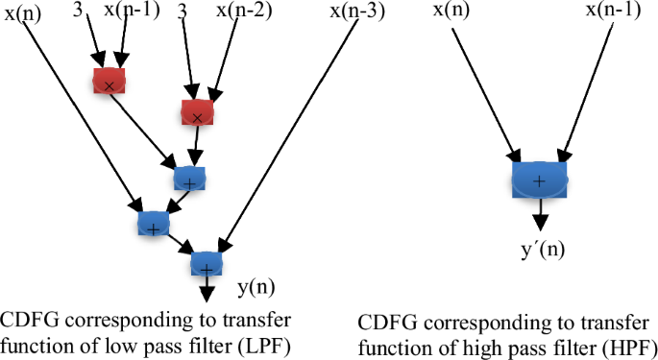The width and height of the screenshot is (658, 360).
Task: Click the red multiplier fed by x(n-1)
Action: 110,82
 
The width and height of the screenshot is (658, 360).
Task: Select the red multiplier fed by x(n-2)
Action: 197,112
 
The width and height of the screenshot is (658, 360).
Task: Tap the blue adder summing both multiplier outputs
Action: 189,178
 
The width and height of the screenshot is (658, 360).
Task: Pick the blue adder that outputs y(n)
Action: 207,263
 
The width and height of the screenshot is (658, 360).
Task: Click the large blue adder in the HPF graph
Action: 539,180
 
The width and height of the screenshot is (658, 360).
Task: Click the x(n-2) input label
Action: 241,12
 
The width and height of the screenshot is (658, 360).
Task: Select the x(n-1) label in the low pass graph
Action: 130,12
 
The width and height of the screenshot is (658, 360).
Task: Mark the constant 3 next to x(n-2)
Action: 183,12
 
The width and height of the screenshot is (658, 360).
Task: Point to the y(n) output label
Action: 256,287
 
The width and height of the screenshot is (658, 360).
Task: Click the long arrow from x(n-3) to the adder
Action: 288,134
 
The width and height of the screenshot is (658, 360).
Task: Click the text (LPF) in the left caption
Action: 265,343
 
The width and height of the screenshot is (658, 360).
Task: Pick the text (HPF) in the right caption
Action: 627,346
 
